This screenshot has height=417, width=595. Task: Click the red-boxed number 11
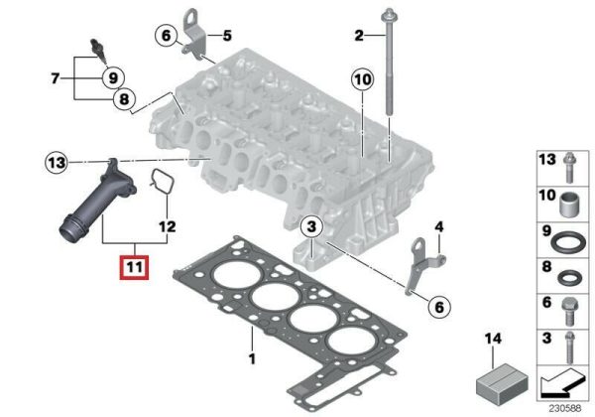click(x=135, y=267)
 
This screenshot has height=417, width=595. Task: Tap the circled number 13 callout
click(x=57, y=163)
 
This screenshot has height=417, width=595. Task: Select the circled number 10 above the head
click(x=362, y=79)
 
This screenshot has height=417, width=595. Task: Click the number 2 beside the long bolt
click(x=359, y=36)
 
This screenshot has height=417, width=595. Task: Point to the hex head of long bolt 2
click(x=390, y=15)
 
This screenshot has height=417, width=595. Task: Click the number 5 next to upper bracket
click(x=227, y=36)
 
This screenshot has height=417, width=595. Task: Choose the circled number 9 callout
click(x=113, y=78)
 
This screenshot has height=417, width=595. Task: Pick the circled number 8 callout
click(x=124, y=99)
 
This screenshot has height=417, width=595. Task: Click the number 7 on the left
click(x=56, y=78)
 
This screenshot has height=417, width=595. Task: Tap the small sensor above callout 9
click(x=98, y=50)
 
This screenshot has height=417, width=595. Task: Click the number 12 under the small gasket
click(x=168, y=226)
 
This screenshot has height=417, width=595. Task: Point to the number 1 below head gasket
click(x=252, y=358)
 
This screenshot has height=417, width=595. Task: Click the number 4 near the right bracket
click(x=438, y=227)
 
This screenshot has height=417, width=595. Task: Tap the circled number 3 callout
click(x=311, y=227)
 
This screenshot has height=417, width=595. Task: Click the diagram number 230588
click(x=565, y=409)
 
